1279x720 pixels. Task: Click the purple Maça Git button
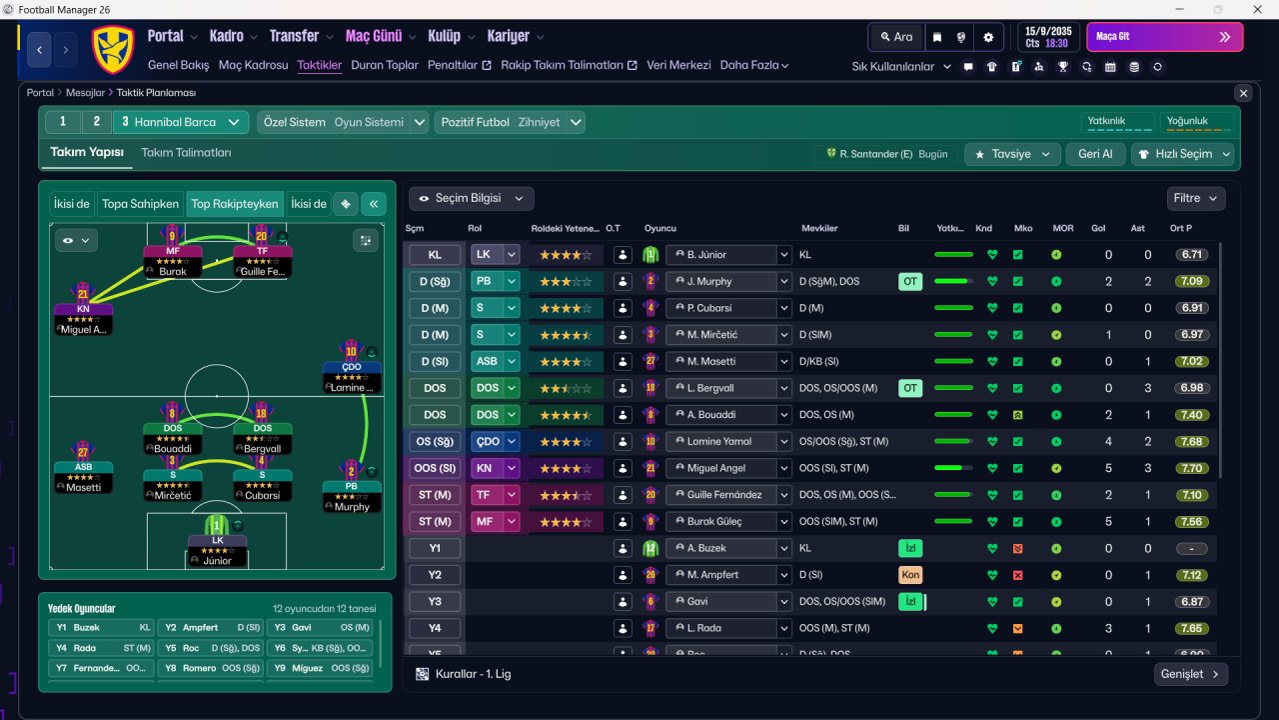coord(1164,37)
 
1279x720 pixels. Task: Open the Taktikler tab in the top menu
coord(320,65)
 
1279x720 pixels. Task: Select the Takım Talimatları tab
coord(186,153)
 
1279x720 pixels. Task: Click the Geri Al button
coord(1095,154)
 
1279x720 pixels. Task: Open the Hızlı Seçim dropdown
coord(1183,154)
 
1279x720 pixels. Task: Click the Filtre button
coord(1195,198)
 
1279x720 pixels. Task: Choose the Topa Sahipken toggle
coord(140,204)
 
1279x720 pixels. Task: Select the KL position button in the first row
coord(435,255)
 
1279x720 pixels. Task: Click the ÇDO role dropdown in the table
coord(496,441)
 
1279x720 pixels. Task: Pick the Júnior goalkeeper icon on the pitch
coord(217,525)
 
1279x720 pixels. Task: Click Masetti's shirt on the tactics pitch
coord(83,452)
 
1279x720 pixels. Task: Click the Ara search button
coord(895,37)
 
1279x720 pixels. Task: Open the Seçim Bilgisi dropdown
coord(471,198)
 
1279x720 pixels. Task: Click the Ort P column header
coord(1182,228)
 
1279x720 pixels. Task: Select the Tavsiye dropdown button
coord(1012,154)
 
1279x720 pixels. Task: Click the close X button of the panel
coord(1243,93)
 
